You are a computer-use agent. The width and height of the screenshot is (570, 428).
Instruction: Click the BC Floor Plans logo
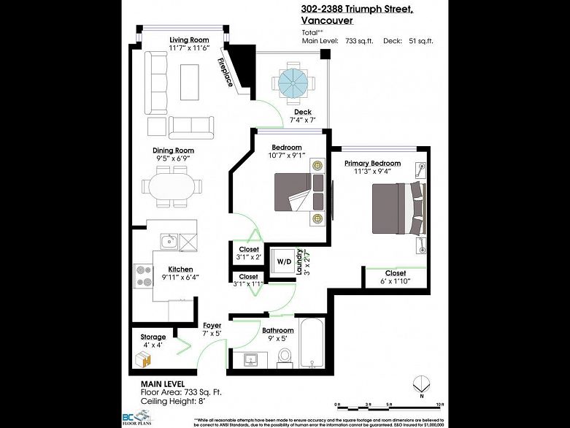pos(150,417)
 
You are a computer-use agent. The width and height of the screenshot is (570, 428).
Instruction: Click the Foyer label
pos(212,326)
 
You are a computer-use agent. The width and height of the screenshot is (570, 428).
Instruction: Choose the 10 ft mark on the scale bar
pos(439,405)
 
